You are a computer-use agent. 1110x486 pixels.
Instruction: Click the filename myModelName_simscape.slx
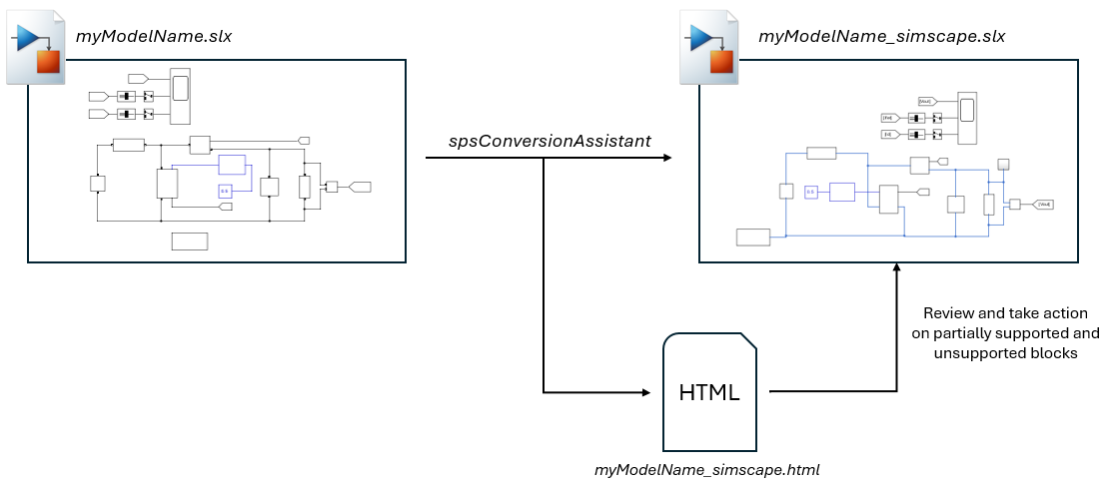pos(881,38)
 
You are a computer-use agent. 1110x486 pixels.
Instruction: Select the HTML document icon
pos(708,390)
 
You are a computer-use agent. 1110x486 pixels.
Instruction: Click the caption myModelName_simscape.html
pos(706,468)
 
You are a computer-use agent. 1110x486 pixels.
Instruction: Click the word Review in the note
pos(948,312)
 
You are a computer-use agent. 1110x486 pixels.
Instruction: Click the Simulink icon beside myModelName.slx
pos(37,49)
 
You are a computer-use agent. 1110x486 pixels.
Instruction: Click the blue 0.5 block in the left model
pos(225,191)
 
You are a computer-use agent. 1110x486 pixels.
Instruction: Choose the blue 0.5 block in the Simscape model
pos(811,192)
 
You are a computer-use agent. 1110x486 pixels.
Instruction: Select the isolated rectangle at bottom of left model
pos(190,240)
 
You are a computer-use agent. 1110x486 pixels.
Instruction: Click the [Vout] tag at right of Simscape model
pos(1044,204)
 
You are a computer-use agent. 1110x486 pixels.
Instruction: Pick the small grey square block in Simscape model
pos(1004,164)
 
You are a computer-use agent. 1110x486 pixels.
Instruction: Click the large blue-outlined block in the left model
pos(232,166)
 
